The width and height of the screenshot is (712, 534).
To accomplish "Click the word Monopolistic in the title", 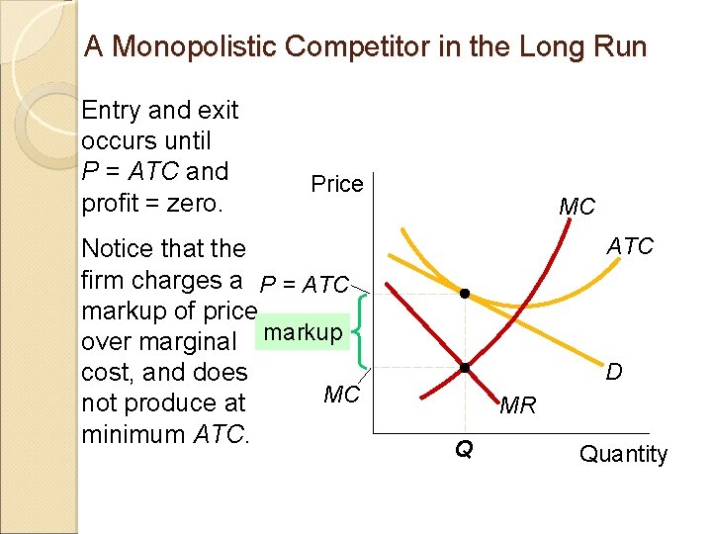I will click(194, 46).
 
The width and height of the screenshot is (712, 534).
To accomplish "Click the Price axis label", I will click(337, 184).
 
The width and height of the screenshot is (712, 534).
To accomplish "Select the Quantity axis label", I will click(623, 454).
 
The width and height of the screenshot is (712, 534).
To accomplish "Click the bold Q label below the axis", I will click(463, 450).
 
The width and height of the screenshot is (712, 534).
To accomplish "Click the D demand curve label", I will click(614, 372).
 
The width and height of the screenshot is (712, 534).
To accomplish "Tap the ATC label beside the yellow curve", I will click(630, 245).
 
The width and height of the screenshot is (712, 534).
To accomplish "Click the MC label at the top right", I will click(577, 208).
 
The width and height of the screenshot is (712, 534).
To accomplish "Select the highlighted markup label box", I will click(304, 332).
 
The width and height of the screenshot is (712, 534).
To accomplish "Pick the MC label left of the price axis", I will click(341, 395).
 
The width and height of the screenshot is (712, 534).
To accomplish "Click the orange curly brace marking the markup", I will click(362, 331).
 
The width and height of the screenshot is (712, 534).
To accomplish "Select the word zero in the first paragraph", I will click(197, 203).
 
